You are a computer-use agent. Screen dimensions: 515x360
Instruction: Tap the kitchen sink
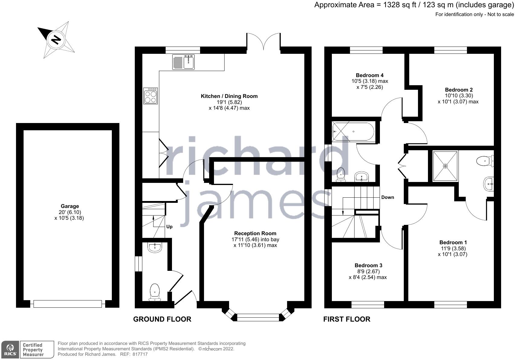183,62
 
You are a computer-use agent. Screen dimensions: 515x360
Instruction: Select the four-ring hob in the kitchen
151,96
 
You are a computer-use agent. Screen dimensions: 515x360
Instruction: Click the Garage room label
70,206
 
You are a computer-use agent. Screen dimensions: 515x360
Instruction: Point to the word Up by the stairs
169,227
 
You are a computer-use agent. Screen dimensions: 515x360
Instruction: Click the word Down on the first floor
388,197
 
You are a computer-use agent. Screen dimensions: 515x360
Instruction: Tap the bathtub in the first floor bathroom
353,131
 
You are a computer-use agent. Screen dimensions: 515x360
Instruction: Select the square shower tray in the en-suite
445,166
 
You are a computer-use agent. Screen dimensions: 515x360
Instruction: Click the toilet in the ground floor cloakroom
155,292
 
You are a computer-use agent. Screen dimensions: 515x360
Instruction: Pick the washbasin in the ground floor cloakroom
155,248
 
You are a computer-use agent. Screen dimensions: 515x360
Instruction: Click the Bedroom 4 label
370,75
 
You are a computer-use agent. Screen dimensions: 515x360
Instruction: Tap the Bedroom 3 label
368,265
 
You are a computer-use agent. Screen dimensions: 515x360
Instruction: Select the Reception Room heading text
255,233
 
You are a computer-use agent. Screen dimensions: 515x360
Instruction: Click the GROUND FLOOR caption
162,319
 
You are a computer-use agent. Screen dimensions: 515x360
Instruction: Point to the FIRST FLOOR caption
347,319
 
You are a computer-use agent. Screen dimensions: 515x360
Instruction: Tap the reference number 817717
140,354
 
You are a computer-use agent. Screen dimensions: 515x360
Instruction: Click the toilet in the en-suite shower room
485,161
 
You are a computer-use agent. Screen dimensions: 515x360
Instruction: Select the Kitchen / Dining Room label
229,96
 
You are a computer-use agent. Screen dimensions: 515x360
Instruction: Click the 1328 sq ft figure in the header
400,5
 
